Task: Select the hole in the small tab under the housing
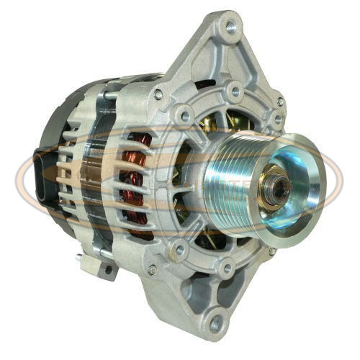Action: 108,269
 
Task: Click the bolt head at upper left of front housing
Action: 158,94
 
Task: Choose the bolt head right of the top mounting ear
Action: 277,102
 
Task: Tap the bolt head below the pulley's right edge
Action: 271,251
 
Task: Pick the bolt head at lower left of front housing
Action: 152,270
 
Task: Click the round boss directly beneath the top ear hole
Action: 233,91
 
